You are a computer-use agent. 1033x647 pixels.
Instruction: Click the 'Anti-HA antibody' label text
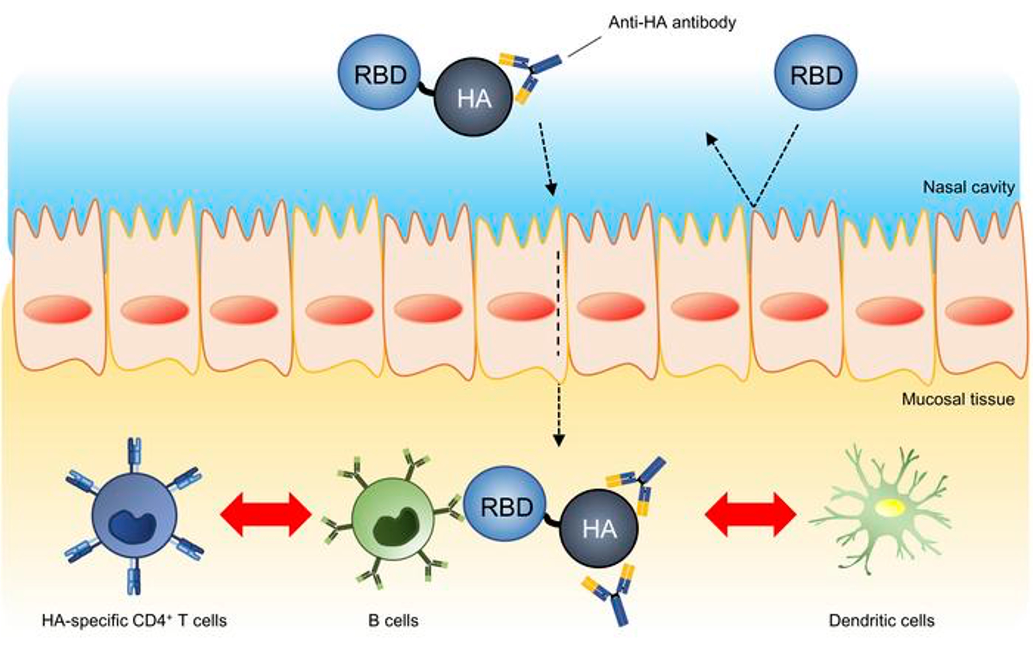(x=672, y=22)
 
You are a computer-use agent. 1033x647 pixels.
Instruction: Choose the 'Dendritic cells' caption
(x=881, y=620)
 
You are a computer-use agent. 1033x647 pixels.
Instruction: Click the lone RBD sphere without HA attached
(x=816, y=73)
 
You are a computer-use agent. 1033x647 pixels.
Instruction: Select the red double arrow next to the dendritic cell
(x=750, y=514)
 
